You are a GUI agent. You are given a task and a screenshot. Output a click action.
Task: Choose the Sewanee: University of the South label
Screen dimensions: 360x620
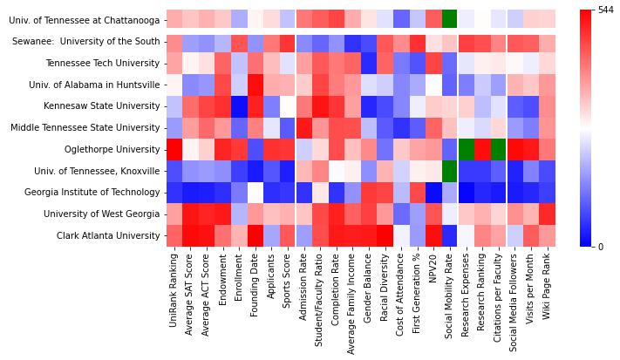86,42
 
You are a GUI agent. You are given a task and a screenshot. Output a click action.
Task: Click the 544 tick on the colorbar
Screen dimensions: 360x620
606,10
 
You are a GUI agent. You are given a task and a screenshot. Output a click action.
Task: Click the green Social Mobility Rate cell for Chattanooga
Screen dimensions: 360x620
449,19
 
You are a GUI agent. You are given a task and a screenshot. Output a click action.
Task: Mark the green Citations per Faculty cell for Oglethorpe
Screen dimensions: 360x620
498,149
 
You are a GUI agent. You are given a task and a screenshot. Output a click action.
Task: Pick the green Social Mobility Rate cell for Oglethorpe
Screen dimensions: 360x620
449,149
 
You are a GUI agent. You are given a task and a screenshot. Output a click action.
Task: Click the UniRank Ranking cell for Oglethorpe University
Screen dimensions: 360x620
174,149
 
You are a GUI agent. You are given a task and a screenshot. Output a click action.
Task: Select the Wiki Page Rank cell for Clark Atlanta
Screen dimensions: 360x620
547,234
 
